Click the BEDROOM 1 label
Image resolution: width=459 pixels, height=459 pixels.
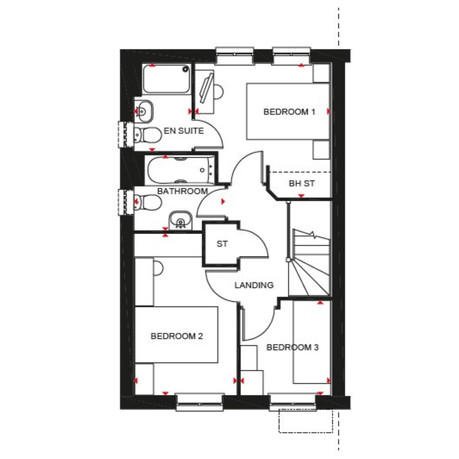pyautogui.click(x=289, y=112)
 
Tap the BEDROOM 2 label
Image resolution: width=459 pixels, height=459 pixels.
pyautogui.click(x=177, y=336)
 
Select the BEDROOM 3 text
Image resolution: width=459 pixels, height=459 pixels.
pyautogui.click(x=293, y=347)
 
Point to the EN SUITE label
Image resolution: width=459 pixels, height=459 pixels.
pyautogui.click(x=184, y=131)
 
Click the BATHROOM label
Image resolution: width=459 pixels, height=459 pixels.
pyautogui.click(x=182, y=191)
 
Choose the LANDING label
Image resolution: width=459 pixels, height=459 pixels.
pyautogui.click(x=254, y=285)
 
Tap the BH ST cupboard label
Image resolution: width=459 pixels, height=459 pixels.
pyautogui.click(x=302, y=183)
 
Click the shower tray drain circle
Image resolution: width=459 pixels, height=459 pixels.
pyautogui.click(x=185, y=69)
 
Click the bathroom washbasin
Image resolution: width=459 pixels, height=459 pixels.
pyautogui.click(x=180, y=220)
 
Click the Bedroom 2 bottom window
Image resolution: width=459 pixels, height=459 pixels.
pyautogui.click(x=200, y=402)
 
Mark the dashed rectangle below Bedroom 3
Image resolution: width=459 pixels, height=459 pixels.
pyautogui.click(x=305, y=421)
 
